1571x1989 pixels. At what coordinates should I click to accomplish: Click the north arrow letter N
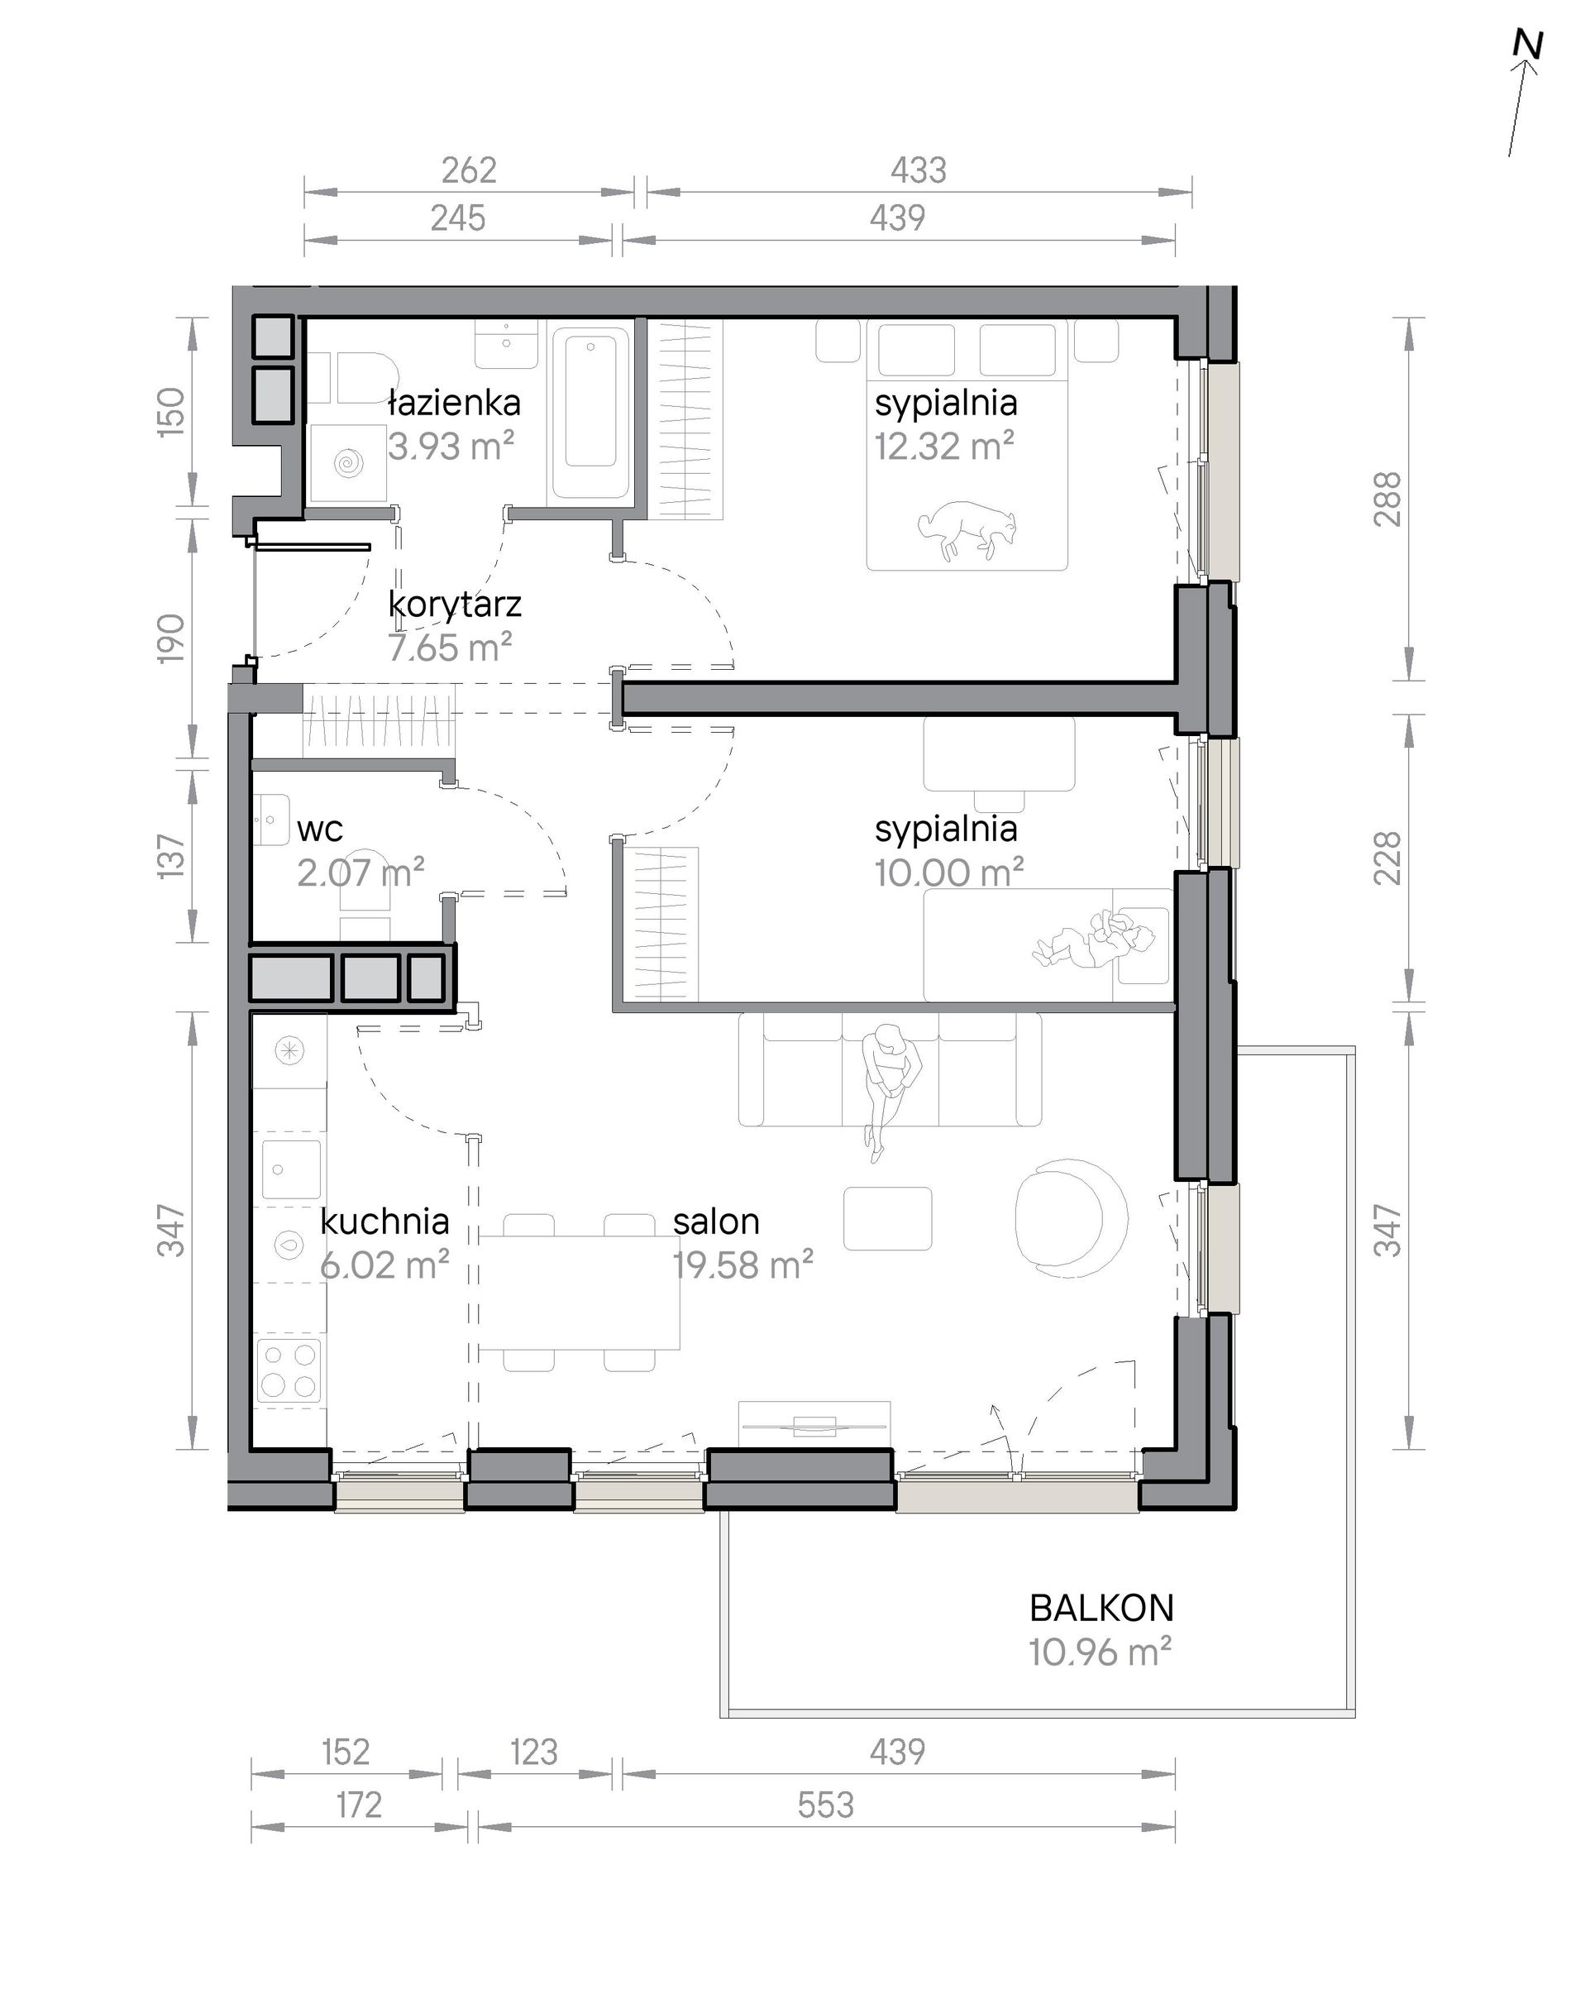coord(1528,46)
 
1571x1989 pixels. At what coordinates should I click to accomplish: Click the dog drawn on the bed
coord(968,531)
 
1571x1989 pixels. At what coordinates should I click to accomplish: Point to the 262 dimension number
coord(469,170)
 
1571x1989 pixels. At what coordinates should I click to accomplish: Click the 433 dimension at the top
coord(918,170)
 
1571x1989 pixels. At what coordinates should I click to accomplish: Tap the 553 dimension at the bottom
coord(825,1805)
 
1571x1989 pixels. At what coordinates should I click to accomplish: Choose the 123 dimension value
coord(533,1752)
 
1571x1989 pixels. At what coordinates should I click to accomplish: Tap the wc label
coord(319,830)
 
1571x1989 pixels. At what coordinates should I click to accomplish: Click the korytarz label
coord(455,605)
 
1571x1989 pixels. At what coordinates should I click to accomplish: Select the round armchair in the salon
coord(1072,1214)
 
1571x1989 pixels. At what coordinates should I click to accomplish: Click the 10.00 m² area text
coord(949,873)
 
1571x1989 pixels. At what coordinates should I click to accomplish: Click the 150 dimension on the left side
coord(172,411)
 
